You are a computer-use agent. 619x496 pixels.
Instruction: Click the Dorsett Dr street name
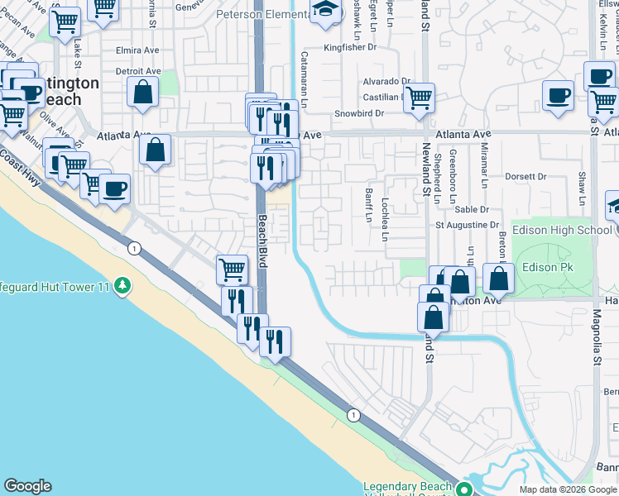[x=525, y=176]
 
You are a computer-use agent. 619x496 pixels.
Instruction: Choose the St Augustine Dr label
[x=468, y=225]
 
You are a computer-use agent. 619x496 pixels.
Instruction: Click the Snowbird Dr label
[x=359, y=113]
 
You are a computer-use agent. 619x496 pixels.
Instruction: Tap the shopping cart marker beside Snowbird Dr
[x=420, y=98]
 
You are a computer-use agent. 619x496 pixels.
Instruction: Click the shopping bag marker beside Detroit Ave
[x=143, y=93]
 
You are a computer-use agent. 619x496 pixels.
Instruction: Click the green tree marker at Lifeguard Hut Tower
[x=123, y=286]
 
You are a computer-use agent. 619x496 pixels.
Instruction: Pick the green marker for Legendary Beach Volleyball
[x=465, y=488]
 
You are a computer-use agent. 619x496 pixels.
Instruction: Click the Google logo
[x=27, y=486]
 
